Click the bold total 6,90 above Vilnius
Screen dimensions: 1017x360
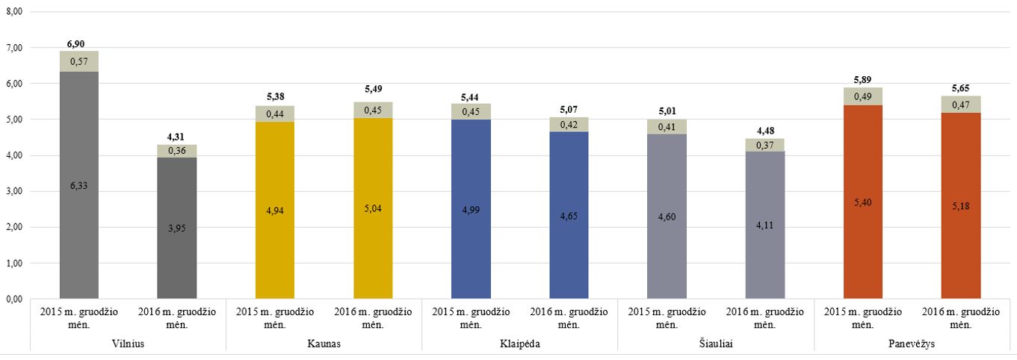(x=75, y=44)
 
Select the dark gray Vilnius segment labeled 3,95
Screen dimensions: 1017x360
(x=177, y=228)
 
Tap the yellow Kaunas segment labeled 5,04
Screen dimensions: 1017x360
(x=373, y=208)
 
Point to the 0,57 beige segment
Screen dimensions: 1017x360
(x=79, y=61)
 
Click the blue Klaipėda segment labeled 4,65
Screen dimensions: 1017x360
(x=569, y=215)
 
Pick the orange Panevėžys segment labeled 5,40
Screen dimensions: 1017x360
(x=862, y=202)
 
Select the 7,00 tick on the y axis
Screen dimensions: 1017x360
(x=14, y=48)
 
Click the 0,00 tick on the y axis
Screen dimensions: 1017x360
(x=14, y=300)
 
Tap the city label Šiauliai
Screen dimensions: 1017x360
(x=716, y=344)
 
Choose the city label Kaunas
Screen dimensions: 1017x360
(x=324, y=344)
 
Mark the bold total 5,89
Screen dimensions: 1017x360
(x=862, y=80)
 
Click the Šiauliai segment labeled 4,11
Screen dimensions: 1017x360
(x=765, y=225)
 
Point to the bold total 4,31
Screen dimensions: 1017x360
(x=176, y=137)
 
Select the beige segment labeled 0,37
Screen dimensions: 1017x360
(x=765, y=146)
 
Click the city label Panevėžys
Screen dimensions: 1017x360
(x=912, y=344)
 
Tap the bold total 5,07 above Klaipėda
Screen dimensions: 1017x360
(x=569, y=109)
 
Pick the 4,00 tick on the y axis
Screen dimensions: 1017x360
(x=14, y=155)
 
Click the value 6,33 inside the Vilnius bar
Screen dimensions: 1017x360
(x=79, y=186)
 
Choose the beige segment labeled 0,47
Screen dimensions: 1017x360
(x=961, y=105)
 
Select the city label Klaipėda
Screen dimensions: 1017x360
(x=520, y=344)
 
